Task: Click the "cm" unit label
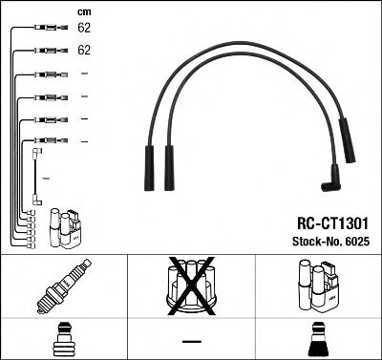82,11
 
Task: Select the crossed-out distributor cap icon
191,287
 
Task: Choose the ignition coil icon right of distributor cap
318,287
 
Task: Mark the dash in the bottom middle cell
191,340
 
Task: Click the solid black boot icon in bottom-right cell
318,338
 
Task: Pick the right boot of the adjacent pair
170,163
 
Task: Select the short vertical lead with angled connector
35,176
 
